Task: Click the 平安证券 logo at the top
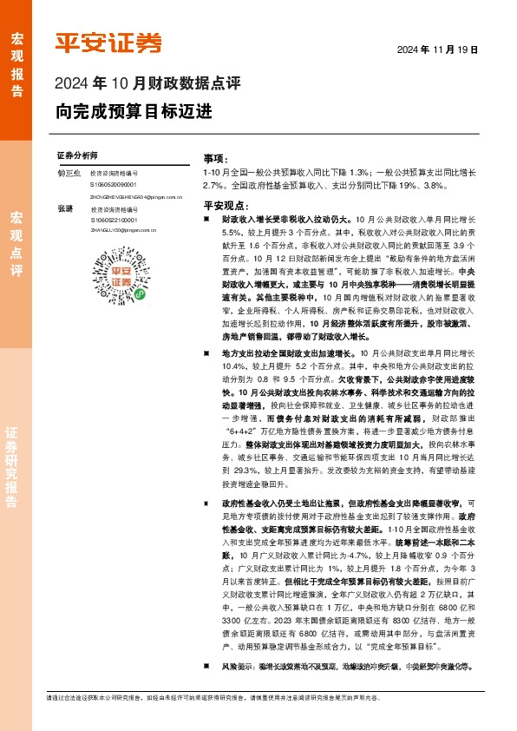(108, 43)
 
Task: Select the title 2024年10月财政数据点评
(147, 84)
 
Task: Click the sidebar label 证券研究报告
(16, 469)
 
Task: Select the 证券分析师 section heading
(76, 155)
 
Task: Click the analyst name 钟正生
(69, 175)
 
